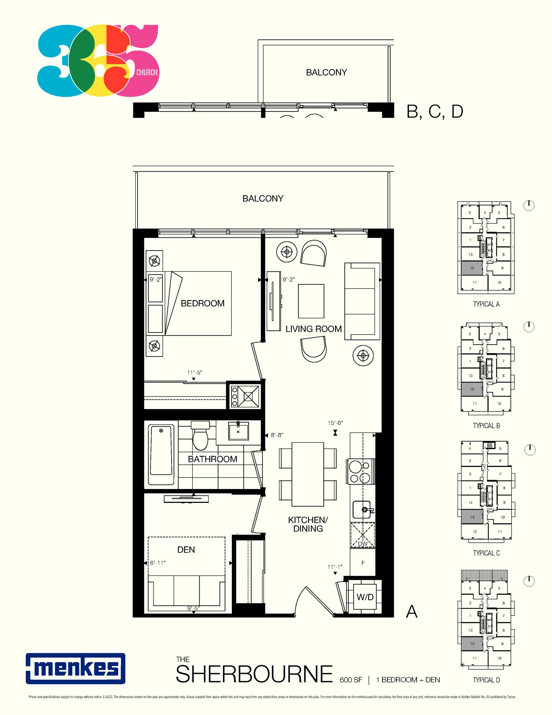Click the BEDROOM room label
[x=203, y=303]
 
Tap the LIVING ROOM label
[x=313, y=329]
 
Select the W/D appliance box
[x=365, y=597]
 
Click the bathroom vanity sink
[x=238, y=431]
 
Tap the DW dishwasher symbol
[x=363, y=535]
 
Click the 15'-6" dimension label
[x=335, y=423]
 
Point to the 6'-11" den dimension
[x=158, y=563]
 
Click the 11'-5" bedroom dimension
[x=194, y=373]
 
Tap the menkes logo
[x=75, y=669]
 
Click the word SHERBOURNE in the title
[x=254, y=674]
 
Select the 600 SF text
[x=351, y=680]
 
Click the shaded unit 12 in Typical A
[x=472, y=268]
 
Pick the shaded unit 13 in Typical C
[x=472, y=517]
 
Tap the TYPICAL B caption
[x=486, y=426]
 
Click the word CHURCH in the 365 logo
[x=147, y=72]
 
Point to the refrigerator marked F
[x=363, y=563]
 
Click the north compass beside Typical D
[x=529, y=581]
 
